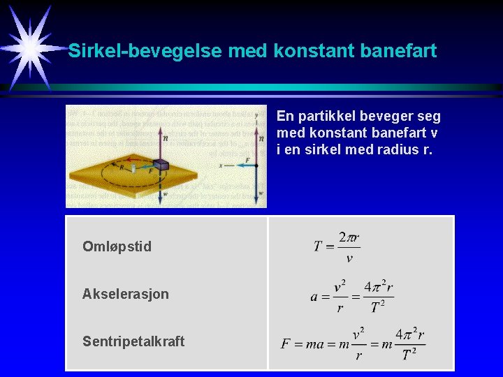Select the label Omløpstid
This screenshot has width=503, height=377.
tap(117, 246)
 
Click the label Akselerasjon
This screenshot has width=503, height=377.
tap(126, 294)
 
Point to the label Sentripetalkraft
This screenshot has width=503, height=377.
tap(133, 341)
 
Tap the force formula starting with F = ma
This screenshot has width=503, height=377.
tap(353, 343)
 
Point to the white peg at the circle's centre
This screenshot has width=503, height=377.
tap(133, 169)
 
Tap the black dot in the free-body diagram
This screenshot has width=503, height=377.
tap(257, 165)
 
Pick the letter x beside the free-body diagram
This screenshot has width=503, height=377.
tap(221, 166)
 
